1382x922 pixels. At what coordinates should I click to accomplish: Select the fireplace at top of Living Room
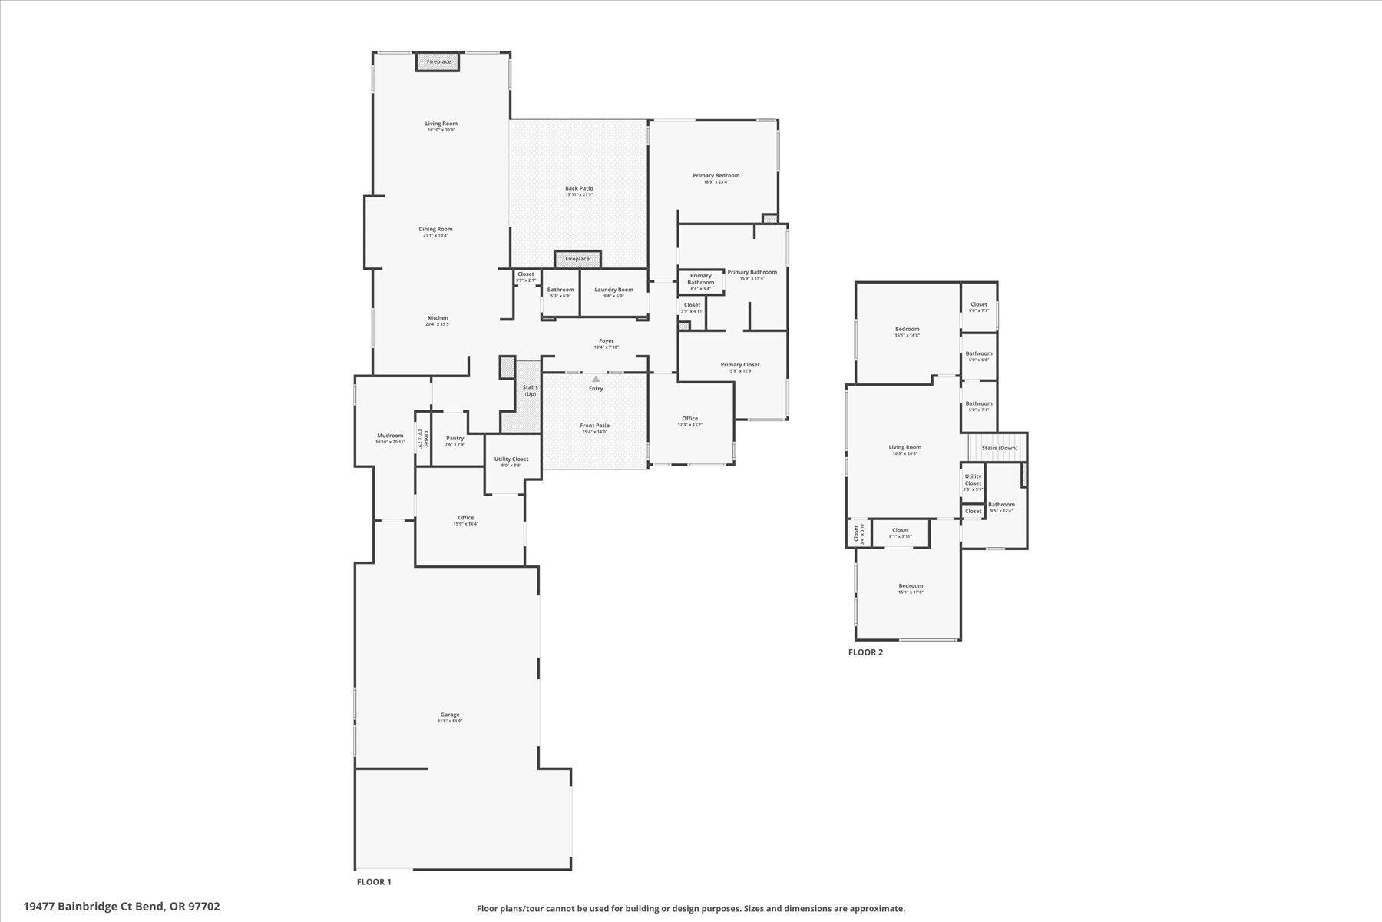click(x=438, y=61)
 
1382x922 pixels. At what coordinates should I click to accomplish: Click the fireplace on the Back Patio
click(x=577, y=259)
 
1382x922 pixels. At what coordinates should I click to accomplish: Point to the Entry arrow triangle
click(x=596, y=379)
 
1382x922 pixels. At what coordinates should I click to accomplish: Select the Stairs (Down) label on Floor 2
click(x=999, y=448)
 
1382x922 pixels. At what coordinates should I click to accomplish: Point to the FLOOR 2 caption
click(x=865, y=652)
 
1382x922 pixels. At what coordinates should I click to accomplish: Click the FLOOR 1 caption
click(x=374, y=882)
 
